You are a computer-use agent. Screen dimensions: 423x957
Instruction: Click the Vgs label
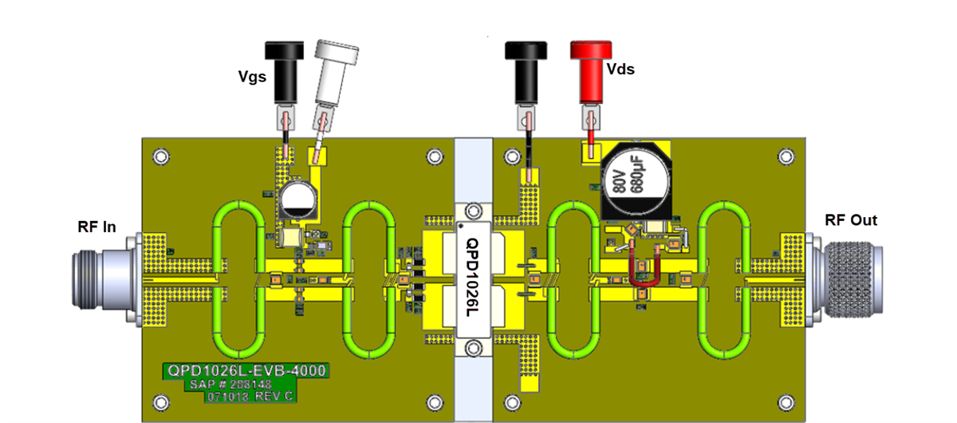252,77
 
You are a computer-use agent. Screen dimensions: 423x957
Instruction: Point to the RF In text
96,227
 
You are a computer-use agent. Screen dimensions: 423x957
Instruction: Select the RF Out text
851,220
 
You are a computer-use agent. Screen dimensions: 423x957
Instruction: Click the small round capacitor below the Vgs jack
297,200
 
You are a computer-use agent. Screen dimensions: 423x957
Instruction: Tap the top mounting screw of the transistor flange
474,211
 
